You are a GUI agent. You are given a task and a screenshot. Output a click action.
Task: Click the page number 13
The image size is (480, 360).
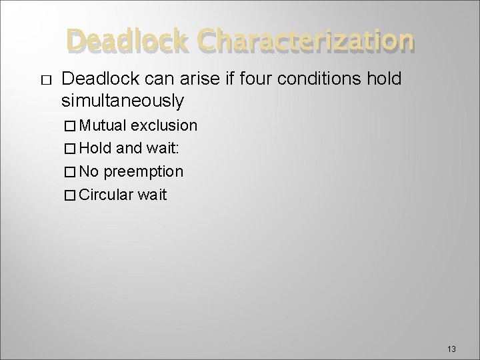pos(451,349)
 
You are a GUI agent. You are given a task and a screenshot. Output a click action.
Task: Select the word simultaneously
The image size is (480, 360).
pos(122,101)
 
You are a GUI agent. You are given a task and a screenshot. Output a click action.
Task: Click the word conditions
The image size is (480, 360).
pos(311,79)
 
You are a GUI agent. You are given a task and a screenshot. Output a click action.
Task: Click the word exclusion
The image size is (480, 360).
pos(164,125)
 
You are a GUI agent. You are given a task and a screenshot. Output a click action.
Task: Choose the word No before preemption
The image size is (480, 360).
pos(90,171)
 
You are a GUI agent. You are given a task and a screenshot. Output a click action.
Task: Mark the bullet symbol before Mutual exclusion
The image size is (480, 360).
pos(71,126)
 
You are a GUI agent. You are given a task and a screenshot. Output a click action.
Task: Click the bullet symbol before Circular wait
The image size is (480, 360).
pos(71,195)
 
